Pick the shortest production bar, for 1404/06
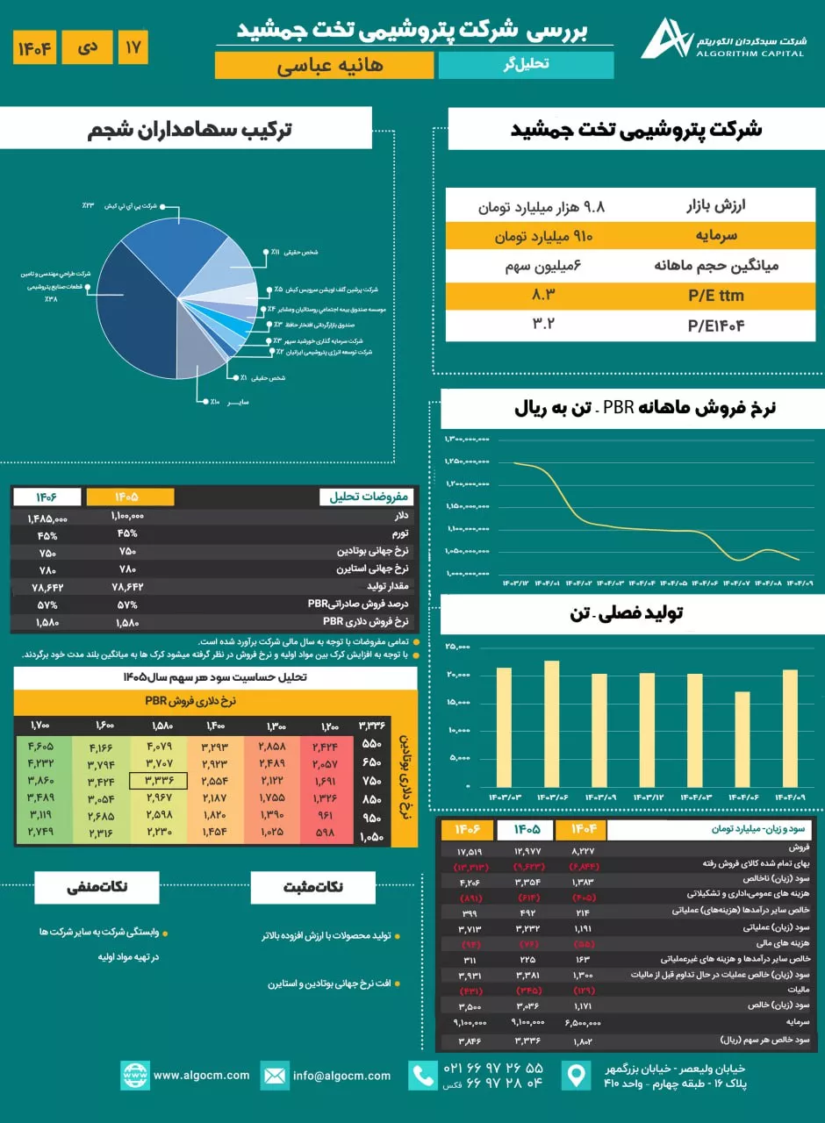point(742,739)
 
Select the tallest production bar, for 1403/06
point(551,723)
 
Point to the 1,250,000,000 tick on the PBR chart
point(467,461)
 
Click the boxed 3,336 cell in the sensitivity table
point(158,780)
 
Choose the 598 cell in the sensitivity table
point(326,833)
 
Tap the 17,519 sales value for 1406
point(470,850)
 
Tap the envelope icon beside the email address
point(275,1075)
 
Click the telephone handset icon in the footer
point(424,1076)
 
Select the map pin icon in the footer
point(576,1076)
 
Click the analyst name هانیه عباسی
point(324,65)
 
